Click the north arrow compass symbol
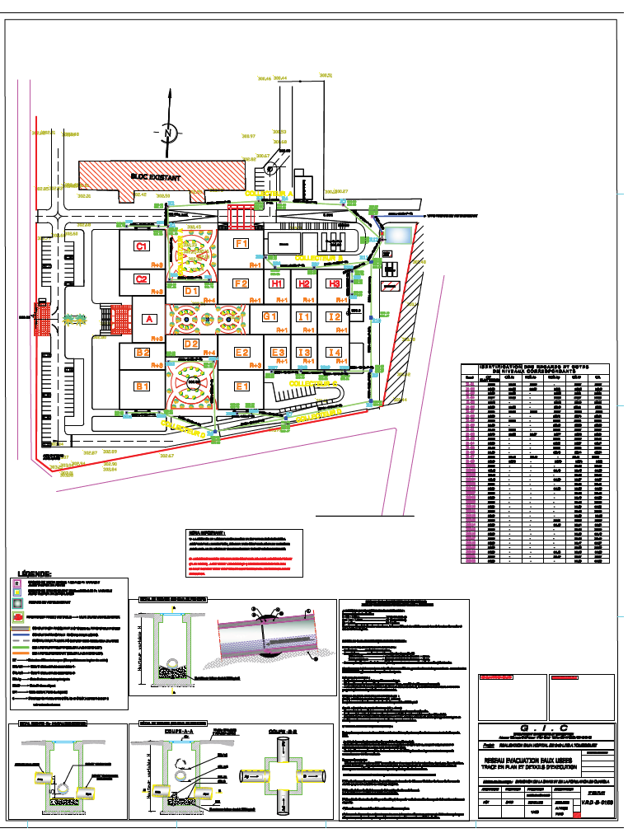[167, 133]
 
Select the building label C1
[142, 246]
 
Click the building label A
[148, 319]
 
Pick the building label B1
[143, 386]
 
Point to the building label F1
[241, 244]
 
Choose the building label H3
[334, 283]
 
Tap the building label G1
[269, 316]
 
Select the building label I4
[334, 353]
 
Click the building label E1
[241, 386]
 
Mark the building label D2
[191, 344]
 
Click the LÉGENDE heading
[35, 573]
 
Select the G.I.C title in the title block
[546, 728]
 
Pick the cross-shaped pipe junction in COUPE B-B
[282, 775]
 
